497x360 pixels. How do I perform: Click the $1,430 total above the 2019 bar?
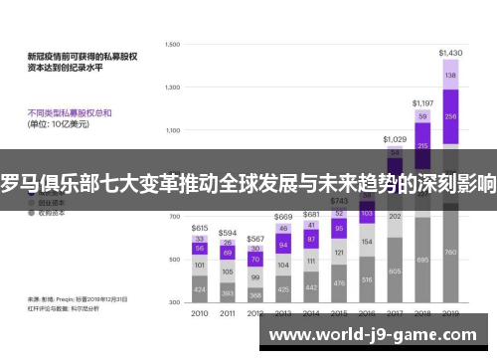pyautogui.click(x=450, y=52)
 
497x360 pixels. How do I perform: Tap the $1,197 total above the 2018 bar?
pyautogui.click(x=422, y=102)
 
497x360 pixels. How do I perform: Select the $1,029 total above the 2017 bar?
pyautogui.click(x=395, y=139)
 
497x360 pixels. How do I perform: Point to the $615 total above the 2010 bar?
pyautogui.click(x=200, y=228)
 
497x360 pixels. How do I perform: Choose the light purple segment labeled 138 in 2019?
pyautogui.click(x=450, y=75)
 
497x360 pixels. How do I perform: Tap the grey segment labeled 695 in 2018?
pyautogui.click(x=422, y=261)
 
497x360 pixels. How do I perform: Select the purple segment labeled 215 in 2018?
pyautogui.click(x=422, y=146)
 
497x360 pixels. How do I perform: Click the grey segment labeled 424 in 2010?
pyautogui.click(x=200, y=290)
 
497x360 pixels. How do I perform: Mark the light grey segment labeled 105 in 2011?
pyautogui.click(x=228, y=270)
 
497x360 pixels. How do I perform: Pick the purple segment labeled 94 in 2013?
pyautogui.click(x=283, y=245)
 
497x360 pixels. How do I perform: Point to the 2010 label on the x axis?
pyautogui.click(x=200, y=313)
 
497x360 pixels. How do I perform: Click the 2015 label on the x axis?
pyautogui.click(x=339, y=313)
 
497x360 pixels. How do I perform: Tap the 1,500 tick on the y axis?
pyautogui.click(x=172, y=45)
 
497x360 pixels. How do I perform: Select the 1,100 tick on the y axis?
pyautogui.click(x=172, y=130)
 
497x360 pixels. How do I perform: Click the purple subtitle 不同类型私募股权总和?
pyautogui.click(x=71, y=112)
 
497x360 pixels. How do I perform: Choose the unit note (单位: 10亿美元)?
pyautogui.click(x=62, y=126)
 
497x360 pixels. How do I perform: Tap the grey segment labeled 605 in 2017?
pyautogui.click(x=395, y=270)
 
